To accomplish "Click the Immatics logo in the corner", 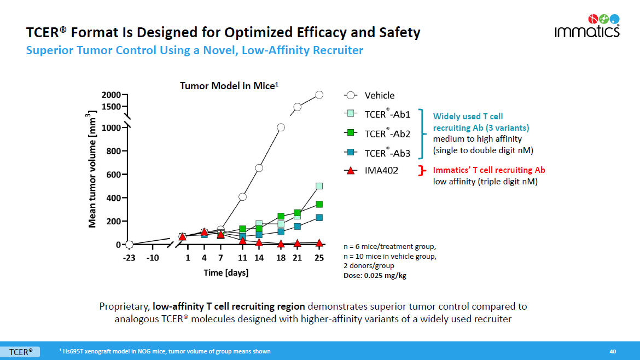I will [587, 25].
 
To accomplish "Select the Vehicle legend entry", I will [379, 95].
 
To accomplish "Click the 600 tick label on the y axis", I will [113, 175].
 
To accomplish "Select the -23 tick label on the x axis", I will [129, 258].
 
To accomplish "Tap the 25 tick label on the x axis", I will [319, 258].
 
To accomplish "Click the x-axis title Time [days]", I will [226, 272].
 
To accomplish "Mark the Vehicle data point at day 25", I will [319, 95].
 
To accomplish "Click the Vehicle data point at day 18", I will [281, 127].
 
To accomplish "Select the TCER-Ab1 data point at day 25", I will [319, 186].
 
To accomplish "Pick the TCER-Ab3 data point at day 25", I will [319, 218].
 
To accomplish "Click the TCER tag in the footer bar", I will [20, 351].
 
